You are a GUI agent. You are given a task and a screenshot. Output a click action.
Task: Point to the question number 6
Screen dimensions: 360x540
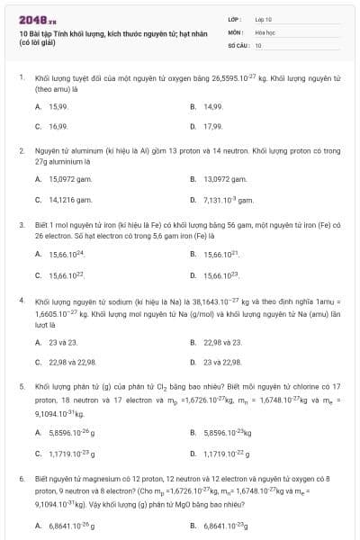click(21, 480)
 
